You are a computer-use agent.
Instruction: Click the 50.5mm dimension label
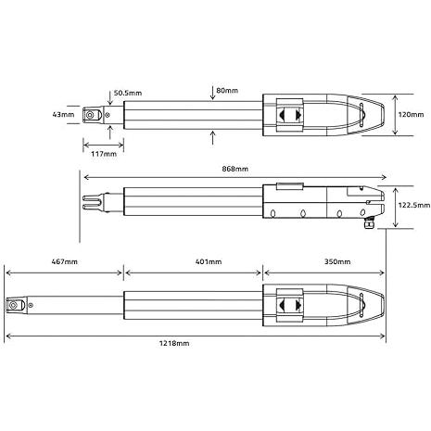[128, 93]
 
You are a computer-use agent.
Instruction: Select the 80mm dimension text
[227, 91]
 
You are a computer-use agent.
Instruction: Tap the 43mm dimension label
[63, 115]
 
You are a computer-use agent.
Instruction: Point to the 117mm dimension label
[104, 154]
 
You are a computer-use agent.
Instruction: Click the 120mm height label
[411, 115]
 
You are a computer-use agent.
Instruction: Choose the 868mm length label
[235, 169]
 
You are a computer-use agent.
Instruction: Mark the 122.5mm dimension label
[414, 205]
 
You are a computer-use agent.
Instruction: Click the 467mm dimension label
[65, 261]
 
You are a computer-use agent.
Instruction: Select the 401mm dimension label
[209, 261]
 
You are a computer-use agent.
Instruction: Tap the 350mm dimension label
[337, 261]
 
